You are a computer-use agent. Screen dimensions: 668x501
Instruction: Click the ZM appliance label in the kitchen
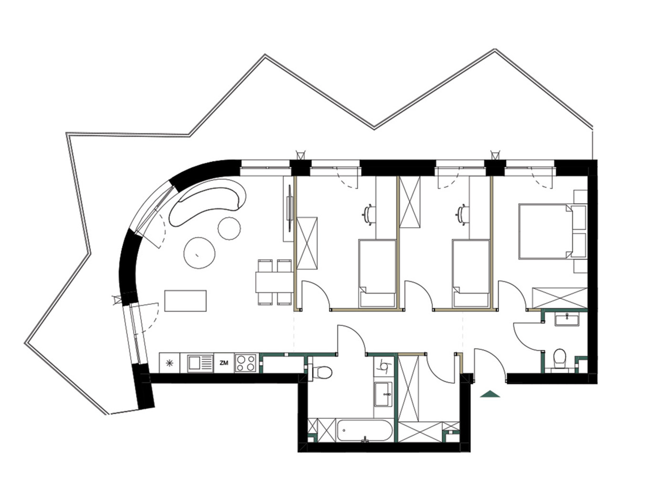coord(224,363)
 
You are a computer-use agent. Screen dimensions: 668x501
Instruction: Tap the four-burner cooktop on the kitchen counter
coord(246,363)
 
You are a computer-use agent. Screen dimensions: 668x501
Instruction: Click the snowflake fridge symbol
coord(169,363)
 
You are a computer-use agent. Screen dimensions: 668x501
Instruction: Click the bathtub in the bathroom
coord(364,430)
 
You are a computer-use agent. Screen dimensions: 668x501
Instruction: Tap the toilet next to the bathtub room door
coord(320,371)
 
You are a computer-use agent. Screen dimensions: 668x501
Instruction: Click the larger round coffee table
coord(199,253)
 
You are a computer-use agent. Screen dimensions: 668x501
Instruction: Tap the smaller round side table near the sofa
coord(229,229)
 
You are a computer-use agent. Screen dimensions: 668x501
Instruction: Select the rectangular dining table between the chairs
coord(274,282)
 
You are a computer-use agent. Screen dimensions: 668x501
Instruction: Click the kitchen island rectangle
coord(185,301)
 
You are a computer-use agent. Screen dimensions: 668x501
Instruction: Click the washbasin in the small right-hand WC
coord(566,320)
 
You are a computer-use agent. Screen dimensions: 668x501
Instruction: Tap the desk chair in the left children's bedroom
coord(369,215)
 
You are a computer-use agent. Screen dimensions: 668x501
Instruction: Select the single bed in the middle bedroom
coord(470,273)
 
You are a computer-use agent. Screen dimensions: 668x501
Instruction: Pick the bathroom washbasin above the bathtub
coord(384,394)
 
